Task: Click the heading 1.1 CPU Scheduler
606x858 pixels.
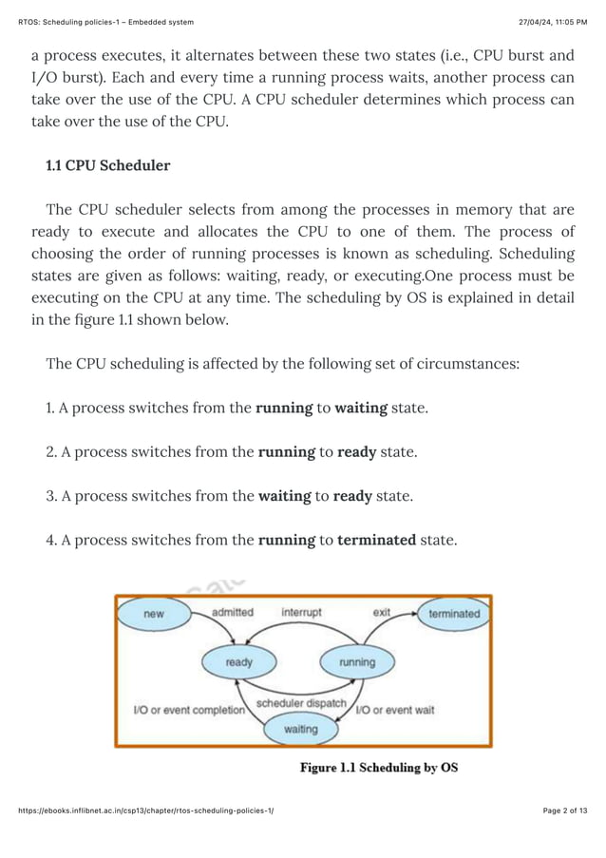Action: click(x=108, y=165)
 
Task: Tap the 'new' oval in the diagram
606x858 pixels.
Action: click(x=153, y=614)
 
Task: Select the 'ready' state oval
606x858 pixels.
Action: click(x=238, y=661)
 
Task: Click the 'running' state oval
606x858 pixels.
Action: click(x=357, y=661)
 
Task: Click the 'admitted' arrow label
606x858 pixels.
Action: click(x=232, y=613)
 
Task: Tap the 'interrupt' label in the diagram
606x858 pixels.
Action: click(x=301, y=613)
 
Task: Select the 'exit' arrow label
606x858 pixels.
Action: click(x=381, y=613)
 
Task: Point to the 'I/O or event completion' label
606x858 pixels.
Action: click(x=188, y=709)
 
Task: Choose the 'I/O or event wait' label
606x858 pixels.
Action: click(x=394, y=709)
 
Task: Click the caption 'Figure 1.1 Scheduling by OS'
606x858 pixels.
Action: click(x=379, y=767)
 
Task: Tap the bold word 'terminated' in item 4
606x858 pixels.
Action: click(x=376, y=540)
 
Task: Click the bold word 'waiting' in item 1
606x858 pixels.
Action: click(x=360, y=408)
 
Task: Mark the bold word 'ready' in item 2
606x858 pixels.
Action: click(x=356, y=452)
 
